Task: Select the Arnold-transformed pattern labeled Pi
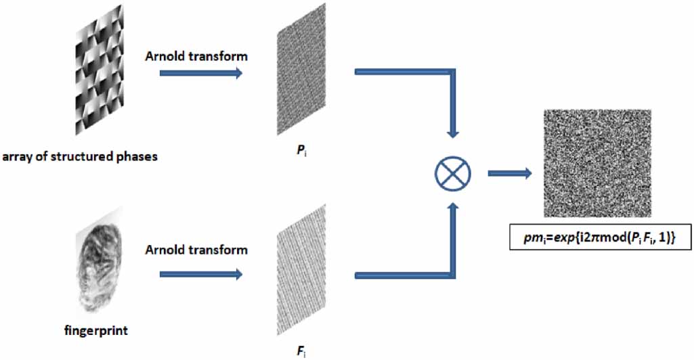click(x=301, y=69)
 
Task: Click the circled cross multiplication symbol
click(x=453, y=173)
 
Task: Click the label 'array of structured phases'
click(x=80, y=157)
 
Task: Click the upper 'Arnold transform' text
click(x=196, y=56)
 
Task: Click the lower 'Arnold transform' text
click(x=196, y=250)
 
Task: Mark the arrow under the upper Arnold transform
click(x=201, y=73)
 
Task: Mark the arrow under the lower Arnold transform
click(x=201, y=274)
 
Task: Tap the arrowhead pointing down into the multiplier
click(x=453, y=134)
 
